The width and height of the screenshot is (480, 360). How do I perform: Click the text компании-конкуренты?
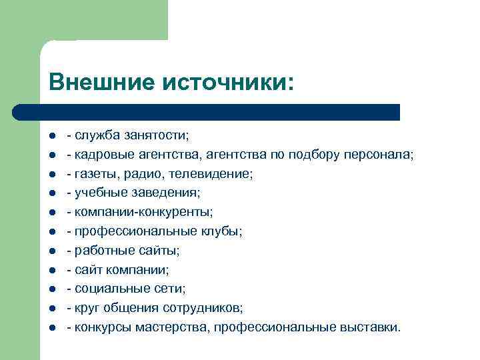(143, 212)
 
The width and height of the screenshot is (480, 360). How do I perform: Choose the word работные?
(100, 251)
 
